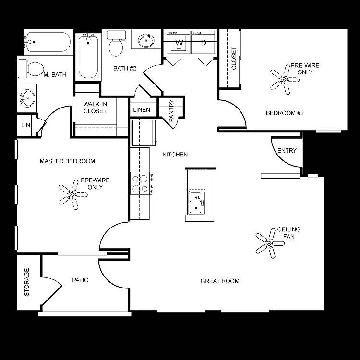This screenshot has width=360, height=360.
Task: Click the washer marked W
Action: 179,43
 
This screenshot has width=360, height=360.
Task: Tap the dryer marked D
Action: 204,43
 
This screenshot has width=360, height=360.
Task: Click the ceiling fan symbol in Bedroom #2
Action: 284,79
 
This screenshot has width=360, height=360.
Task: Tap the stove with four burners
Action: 142,183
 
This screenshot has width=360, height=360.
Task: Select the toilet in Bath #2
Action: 116,44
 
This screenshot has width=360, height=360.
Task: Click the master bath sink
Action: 26,99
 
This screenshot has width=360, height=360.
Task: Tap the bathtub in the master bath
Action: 48,42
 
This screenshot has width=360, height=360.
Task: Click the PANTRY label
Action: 171,110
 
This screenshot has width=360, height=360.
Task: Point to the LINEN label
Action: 142,110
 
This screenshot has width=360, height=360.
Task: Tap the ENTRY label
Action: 287,151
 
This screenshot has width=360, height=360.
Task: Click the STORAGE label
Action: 27,282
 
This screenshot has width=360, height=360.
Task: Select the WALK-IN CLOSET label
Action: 95,108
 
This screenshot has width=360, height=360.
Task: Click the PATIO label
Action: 80,280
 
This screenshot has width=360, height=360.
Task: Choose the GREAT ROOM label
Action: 220,281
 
